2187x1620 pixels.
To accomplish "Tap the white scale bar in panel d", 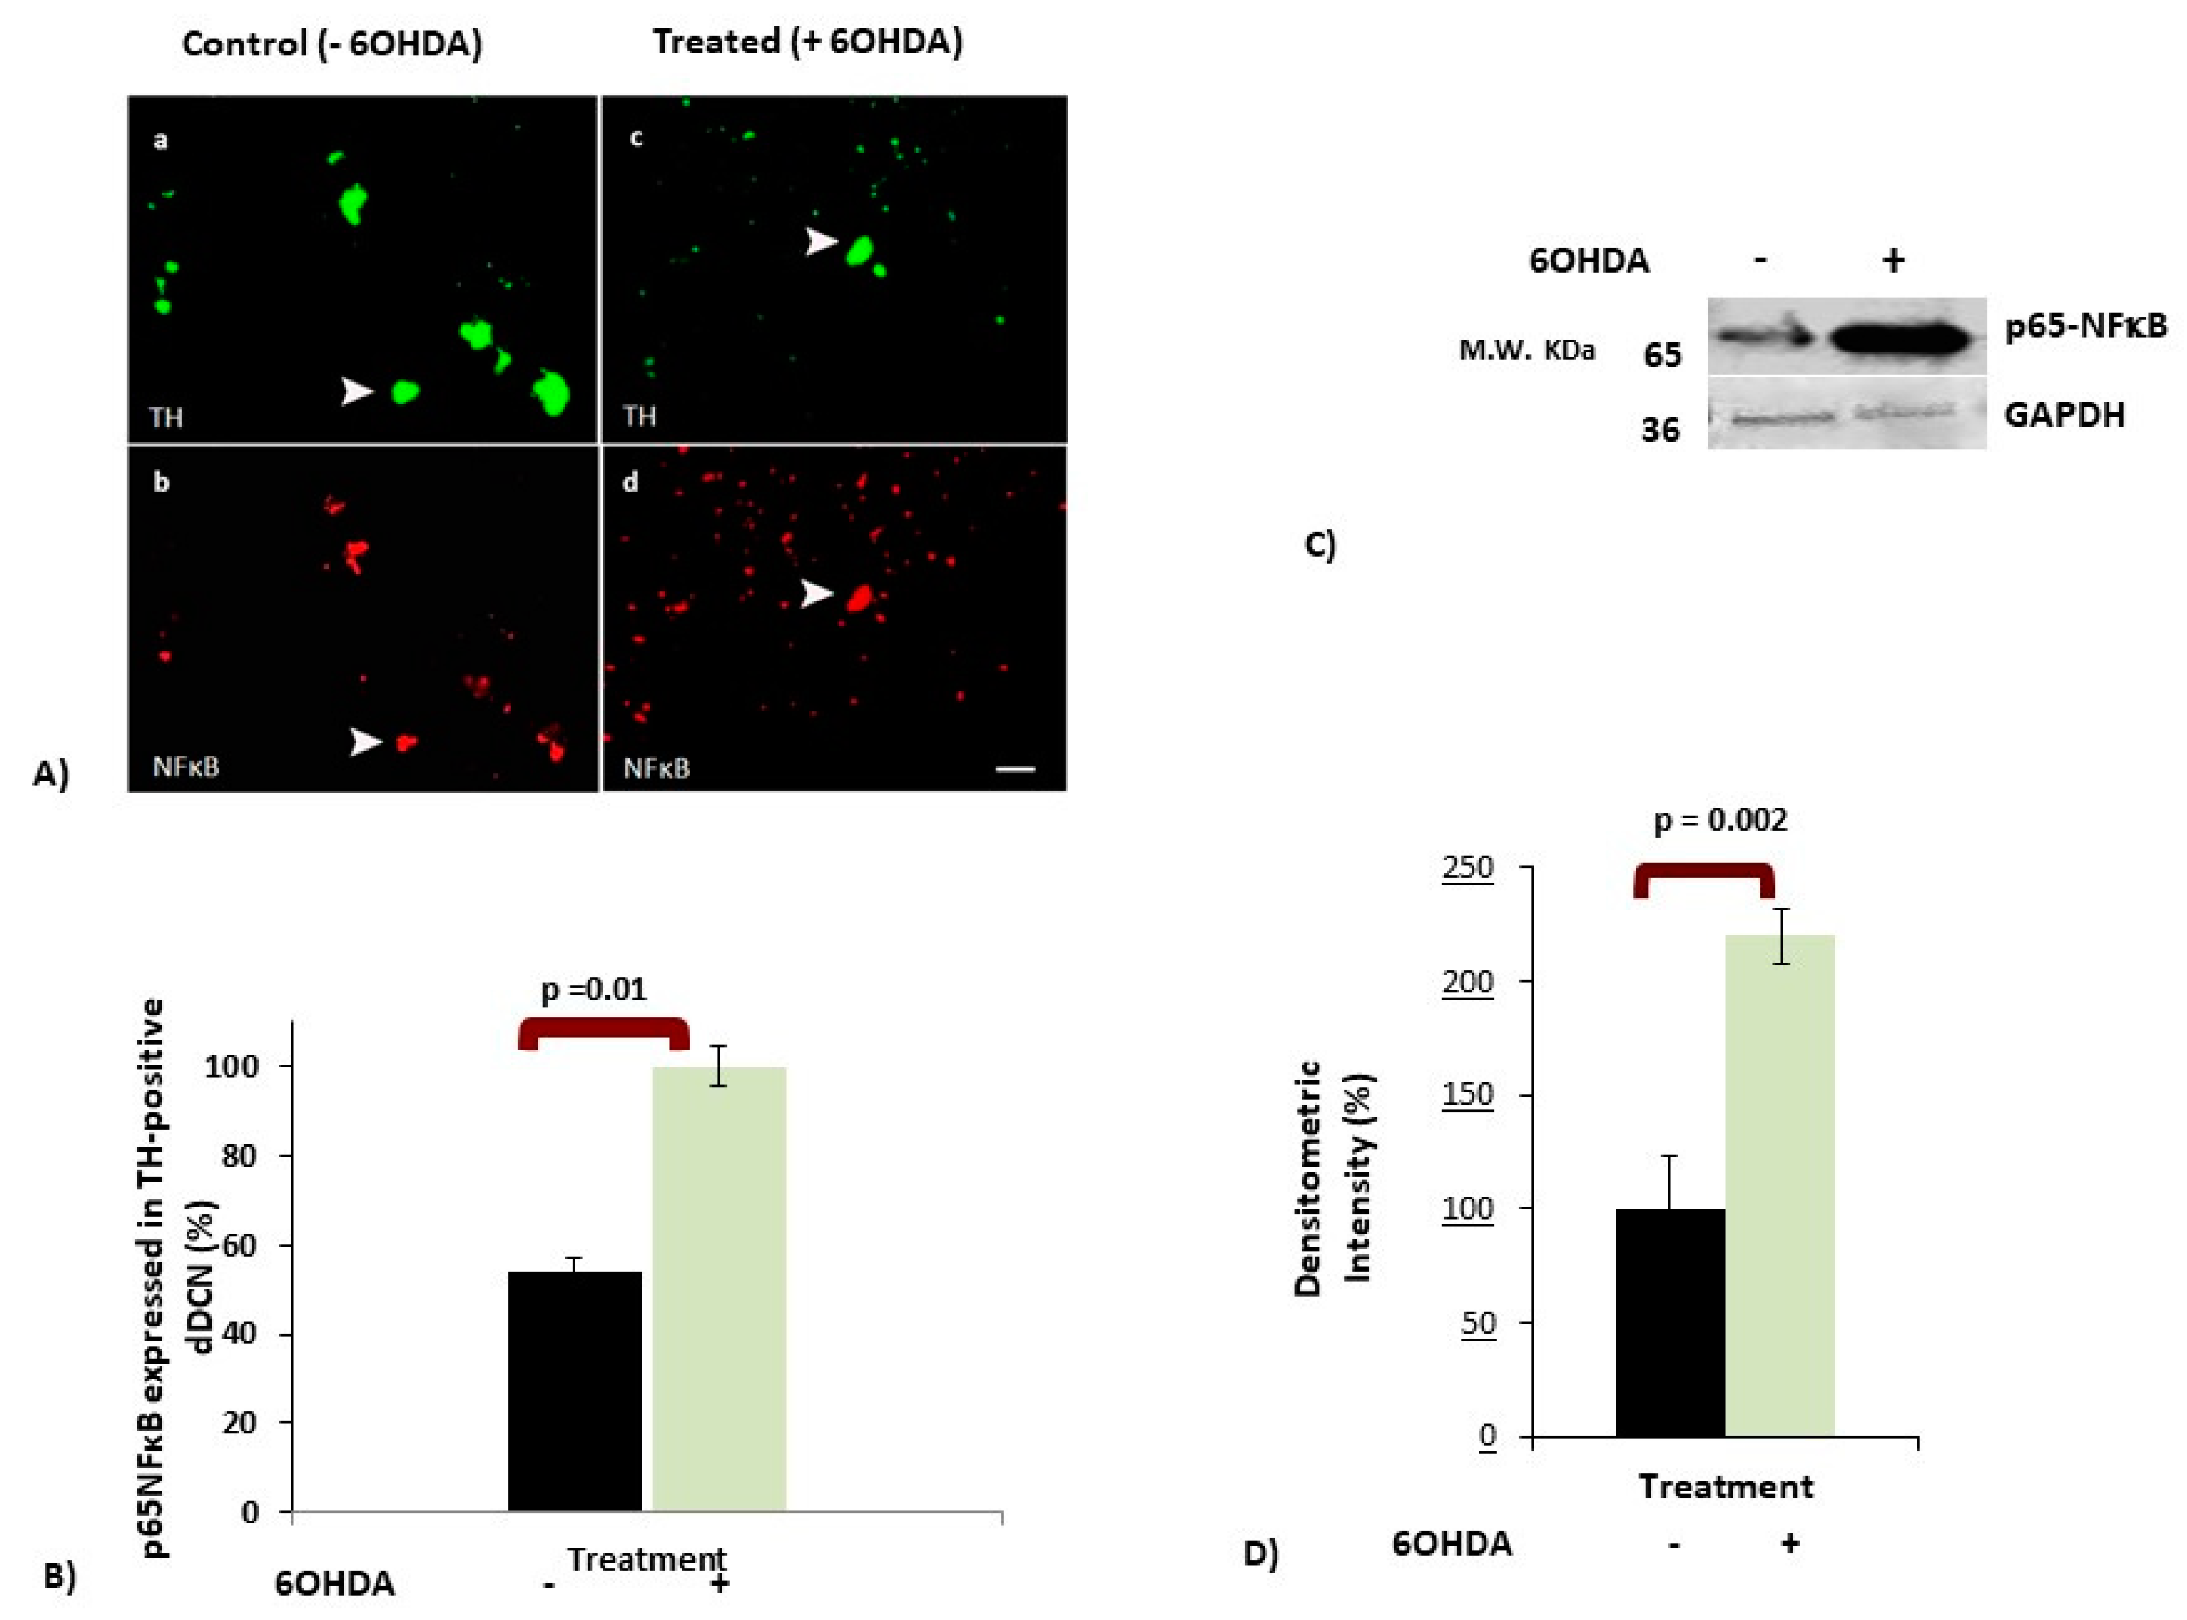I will tap(1016, 770).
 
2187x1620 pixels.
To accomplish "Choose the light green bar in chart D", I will tap(1779, 1186).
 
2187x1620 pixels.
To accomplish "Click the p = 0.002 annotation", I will tap(1720, 820).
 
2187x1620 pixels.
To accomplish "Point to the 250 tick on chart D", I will tap(1467, 868).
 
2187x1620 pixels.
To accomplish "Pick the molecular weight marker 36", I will tap(1661, 430).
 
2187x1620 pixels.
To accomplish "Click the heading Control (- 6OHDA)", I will tap(332, 44).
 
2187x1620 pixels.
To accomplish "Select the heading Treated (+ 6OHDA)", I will tap(807, 42).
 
